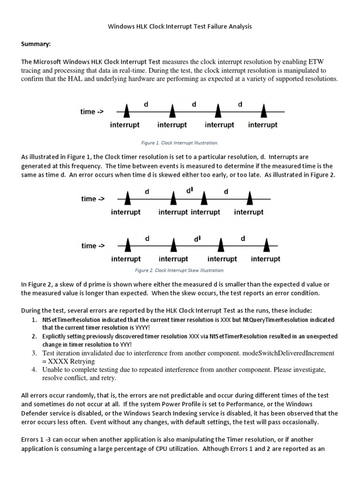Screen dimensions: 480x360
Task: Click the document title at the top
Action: click(x=180, y=27)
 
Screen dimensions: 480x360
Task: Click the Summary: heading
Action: click(x=36, y=44)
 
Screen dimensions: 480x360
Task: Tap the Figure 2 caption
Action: click(x=180, y=270)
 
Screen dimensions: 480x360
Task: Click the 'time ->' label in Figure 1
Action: click(x=92, y=112)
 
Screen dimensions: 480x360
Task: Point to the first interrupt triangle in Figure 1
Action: click(x=126, y=111)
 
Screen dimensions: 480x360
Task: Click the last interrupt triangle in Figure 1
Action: click(x=263, y=111)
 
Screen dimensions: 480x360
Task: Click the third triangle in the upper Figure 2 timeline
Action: click(x=204, y=199)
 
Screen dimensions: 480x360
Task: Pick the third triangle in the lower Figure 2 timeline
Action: click(x=221, y=245)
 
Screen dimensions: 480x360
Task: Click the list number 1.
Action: click(x=34, y=320)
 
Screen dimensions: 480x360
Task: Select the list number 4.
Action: click(x=34, y=370)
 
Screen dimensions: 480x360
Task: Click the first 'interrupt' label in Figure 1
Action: click(x=125, y=125)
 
